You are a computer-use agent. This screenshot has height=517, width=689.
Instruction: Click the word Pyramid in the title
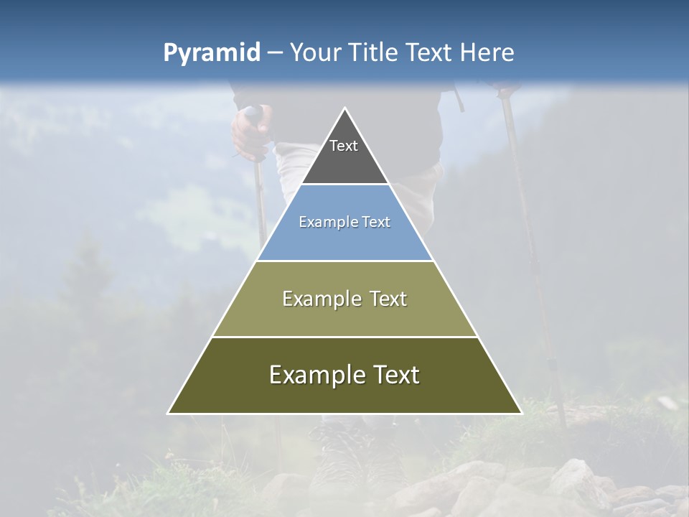click(x=211, y=53)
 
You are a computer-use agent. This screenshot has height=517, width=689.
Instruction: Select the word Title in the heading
click(x=372, y=52)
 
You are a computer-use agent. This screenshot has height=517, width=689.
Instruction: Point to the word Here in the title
click(x=487, y=52)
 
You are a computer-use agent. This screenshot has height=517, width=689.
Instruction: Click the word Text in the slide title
click(x=429, y=52)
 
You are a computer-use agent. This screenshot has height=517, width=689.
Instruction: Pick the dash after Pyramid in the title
click(x=274, y=53)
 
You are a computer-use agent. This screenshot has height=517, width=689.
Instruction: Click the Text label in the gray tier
click(x=344, y=146)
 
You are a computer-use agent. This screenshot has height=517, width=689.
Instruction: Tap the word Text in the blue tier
click(x=375, y=223)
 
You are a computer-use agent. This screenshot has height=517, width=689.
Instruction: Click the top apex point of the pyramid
click(x=344, y=108)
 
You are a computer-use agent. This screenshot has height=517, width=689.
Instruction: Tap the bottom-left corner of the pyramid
click(x=169, y=413)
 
